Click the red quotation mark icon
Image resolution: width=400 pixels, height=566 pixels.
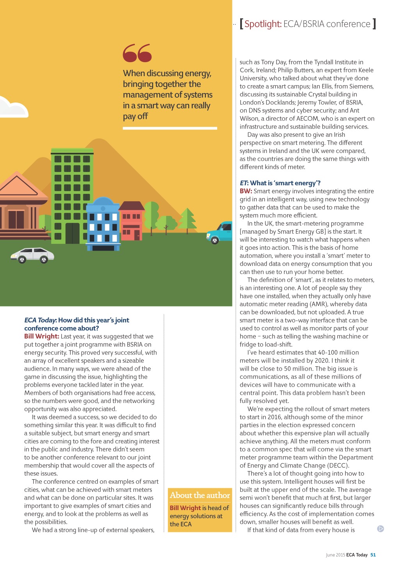pos(137,53)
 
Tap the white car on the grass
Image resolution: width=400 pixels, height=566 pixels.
pos(32,255)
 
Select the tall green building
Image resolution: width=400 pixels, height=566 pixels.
pos(72,195)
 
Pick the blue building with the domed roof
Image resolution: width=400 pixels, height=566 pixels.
pos(103,225)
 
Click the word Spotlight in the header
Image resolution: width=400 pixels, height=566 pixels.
pos(263,24)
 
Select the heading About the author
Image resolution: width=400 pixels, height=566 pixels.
pos(200,495)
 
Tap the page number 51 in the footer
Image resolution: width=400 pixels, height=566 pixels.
pos(373,555)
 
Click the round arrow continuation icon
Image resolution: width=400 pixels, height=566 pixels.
pos(380,529)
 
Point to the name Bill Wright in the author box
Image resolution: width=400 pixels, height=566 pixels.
pos(185,508)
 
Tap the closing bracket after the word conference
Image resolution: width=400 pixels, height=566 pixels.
pos(374,24)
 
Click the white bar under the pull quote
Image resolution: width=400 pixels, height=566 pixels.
pos(170,128)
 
